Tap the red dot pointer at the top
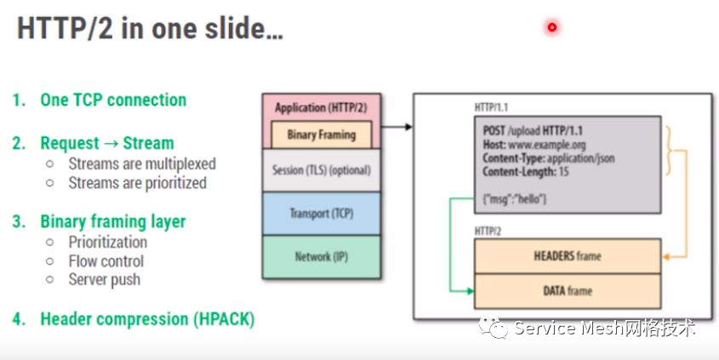tap(551, 27)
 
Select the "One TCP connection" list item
tap(113, 100)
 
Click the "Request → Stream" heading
tap(106, 143)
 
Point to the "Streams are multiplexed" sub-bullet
tap(142, 163)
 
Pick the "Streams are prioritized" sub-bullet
tap(137, 182)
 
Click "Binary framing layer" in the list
tap(112, 221)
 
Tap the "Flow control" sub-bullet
tap(106, 261)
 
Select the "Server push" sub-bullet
tap(105, 279)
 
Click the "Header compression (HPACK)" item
tap(147, 319)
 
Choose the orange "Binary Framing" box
tap(321, 134)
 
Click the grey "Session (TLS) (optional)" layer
tap(321, 170)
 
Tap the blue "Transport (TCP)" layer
tap(321, 213)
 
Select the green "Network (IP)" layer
tap(321, 256)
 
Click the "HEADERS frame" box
tap(567, 256)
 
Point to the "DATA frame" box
tap(567, 291)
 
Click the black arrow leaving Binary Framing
tap(397, 128)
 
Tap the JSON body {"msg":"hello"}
tap(515, 198)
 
